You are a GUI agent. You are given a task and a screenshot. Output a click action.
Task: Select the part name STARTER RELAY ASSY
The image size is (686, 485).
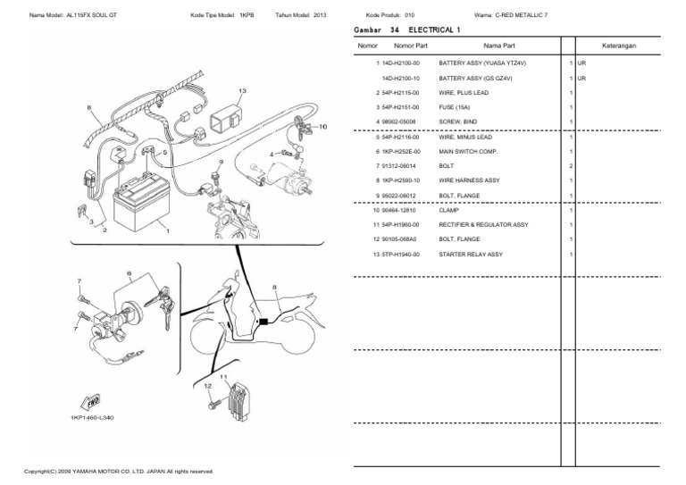pyautogui.click(x=471, y=255)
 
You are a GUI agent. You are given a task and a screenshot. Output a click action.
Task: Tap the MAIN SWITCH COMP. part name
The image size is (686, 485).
pyautogui.click(x=468, y=152)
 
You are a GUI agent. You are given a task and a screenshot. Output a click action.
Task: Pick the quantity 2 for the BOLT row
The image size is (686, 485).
pyautogui.click(x=570, y=167)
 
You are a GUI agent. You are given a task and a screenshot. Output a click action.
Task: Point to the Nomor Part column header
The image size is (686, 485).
pyautogui.click(x=411, y=45)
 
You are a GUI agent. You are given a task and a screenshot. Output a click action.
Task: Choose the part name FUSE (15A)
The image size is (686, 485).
pyautogui.click(x=455, y=107)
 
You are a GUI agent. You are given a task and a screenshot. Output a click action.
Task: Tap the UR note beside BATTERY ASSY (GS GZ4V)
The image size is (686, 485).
pyautogui.click(x=581, y=79)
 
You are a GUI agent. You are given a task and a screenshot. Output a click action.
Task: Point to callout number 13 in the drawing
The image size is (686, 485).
pyautogui.click(x=241, y=92)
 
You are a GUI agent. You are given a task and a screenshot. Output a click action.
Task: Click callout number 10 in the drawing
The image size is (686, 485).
pyautogui.click(x=322, y=127)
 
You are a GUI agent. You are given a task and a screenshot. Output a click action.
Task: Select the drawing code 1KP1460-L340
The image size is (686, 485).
pyautogui.click(x=91, y=418)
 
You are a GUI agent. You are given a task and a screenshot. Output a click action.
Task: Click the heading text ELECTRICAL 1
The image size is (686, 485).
pyautogui.click(x=435, y=29)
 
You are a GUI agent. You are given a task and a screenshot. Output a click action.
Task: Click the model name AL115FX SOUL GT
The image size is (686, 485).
pyautogui.click(x=99, y=15)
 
